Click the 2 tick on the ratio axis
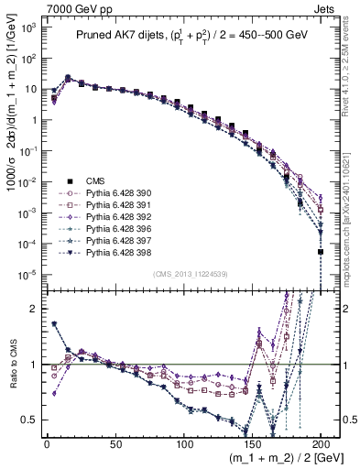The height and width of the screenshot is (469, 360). pyautogui.click(x=32, y=309)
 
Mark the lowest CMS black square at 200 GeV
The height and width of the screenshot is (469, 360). pyautogui.click(x=321, y=251)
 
